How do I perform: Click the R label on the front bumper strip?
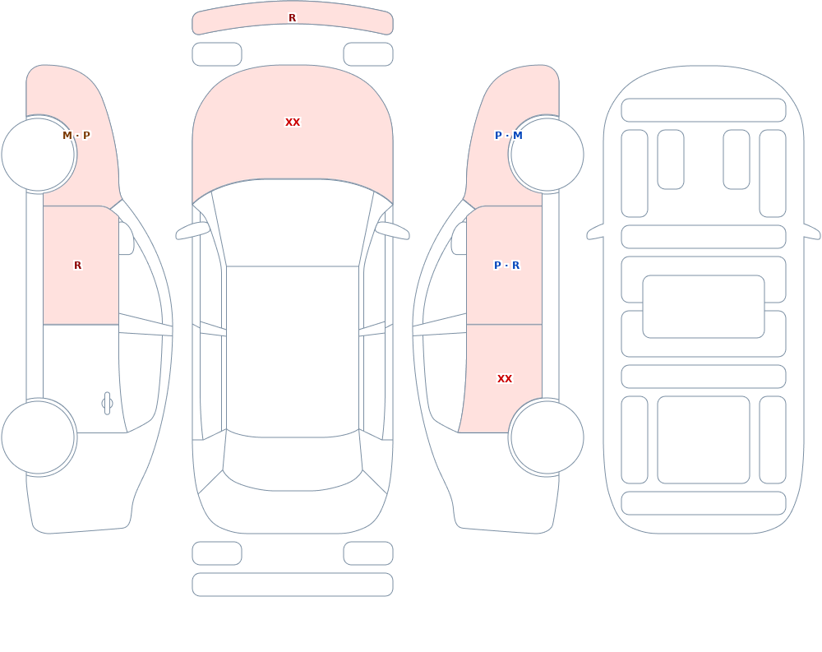(292, 18)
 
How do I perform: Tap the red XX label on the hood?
(293, 123)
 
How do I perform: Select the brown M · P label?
(76, 136)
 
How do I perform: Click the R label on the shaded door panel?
(77, 266)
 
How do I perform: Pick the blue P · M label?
(509, 136)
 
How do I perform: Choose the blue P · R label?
(507, 266)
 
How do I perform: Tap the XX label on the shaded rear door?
(505, 379)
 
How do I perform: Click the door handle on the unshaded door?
(107, 404)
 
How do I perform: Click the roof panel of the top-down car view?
(293, 350)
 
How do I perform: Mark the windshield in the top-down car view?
(293, 223)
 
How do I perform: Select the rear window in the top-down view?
(293, 461)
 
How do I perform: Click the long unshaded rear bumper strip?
(293, 585)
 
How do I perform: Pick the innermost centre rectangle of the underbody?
(704, 307)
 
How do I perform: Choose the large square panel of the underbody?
(704, 440)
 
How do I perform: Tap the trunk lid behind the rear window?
(293, 511)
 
